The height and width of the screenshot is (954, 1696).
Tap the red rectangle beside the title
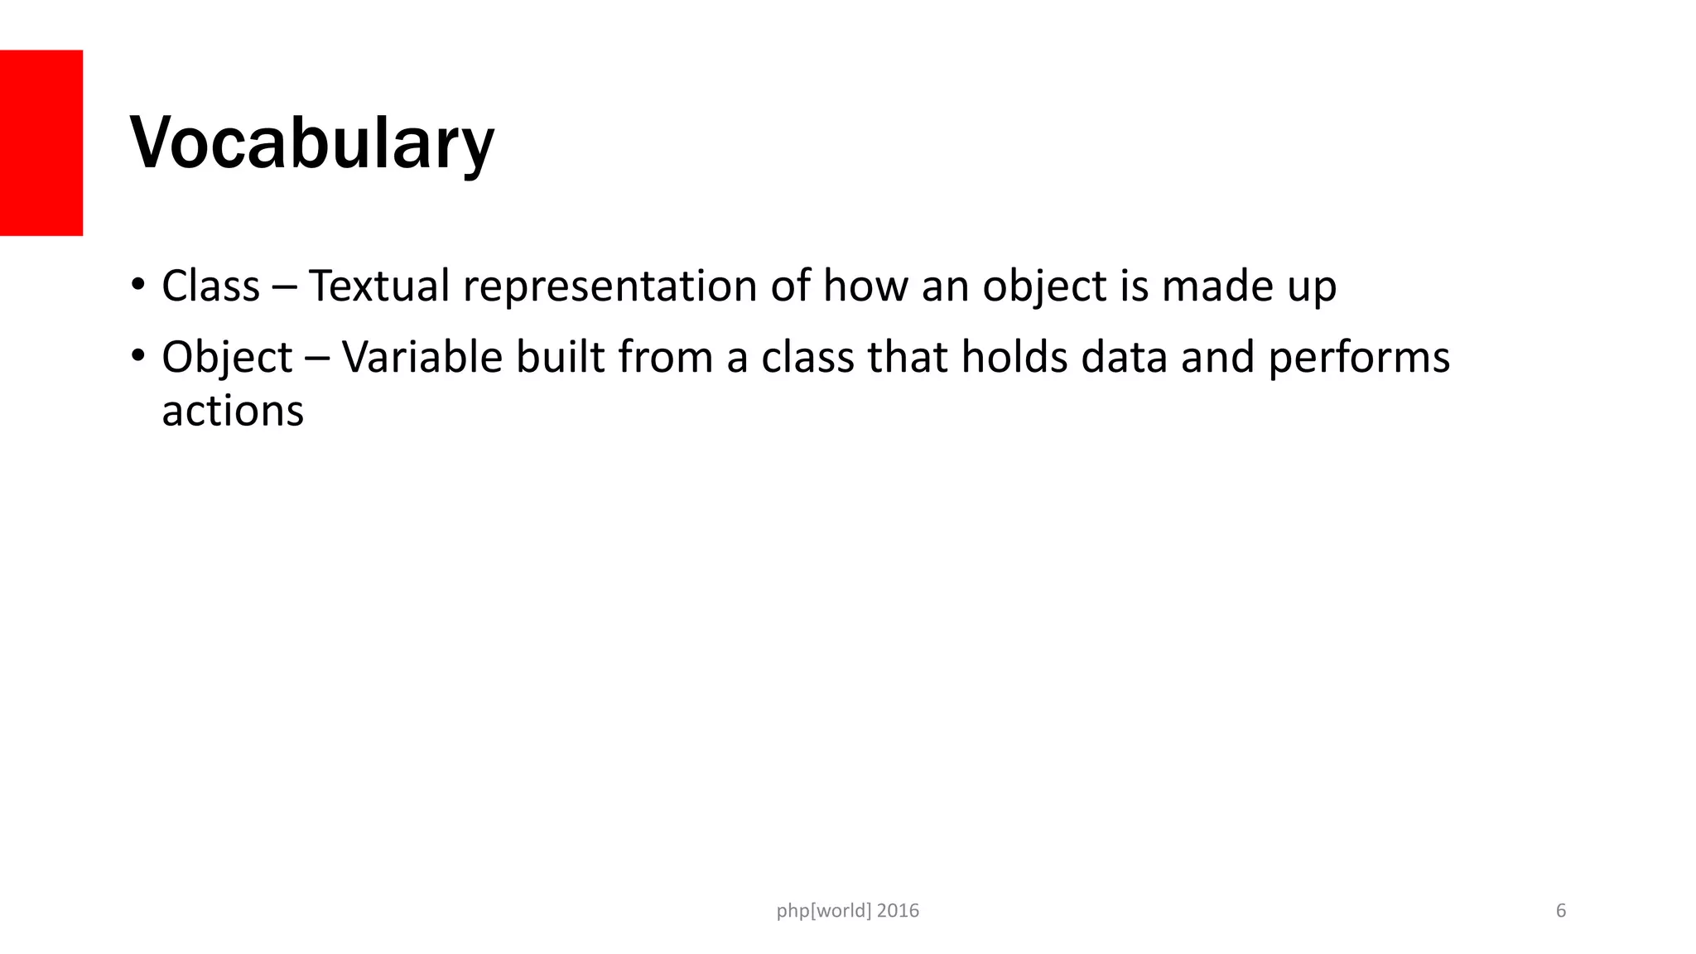(41, 142)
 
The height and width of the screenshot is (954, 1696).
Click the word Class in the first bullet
(210, 287)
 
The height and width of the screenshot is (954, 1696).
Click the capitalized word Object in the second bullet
(226, 359)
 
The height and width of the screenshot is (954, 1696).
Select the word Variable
(422, 358)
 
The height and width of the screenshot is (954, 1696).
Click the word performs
(1359, 359)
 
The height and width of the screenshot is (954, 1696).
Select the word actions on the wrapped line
(233, 412)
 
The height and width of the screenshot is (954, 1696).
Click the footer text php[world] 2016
(847, 911)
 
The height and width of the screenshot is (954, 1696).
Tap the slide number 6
(1561, 911)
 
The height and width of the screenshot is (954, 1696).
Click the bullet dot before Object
(137, 358)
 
